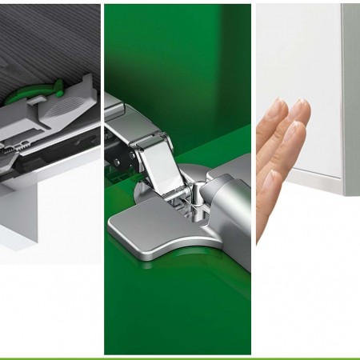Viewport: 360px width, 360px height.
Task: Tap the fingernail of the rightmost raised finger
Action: pos(299,109)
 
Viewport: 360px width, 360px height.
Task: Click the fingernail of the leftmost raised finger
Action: pos(275,106)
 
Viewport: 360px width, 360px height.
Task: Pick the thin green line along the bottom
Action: pos(180,358)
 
